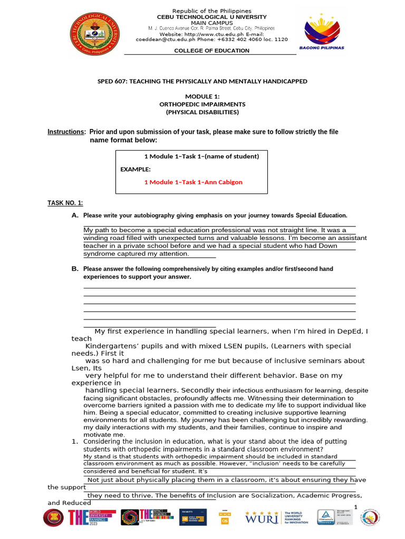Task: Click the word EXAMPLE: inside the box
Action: pos(136,169)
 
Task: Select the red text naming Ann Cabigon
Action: pos(193,182)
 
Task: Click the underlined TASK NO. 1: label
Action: pos(65,203)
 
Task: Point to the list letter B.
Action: pos(75,269)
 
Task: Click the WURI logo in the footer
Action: pos(262,517)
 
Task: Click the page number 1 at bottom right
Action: pos(356,506)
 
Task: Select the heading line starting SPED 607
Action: pos(202,82)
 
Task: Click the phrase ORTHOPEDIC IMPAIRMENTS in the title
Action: pos(202,104)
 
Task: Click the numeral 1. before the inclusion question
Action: pos(75,441)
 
